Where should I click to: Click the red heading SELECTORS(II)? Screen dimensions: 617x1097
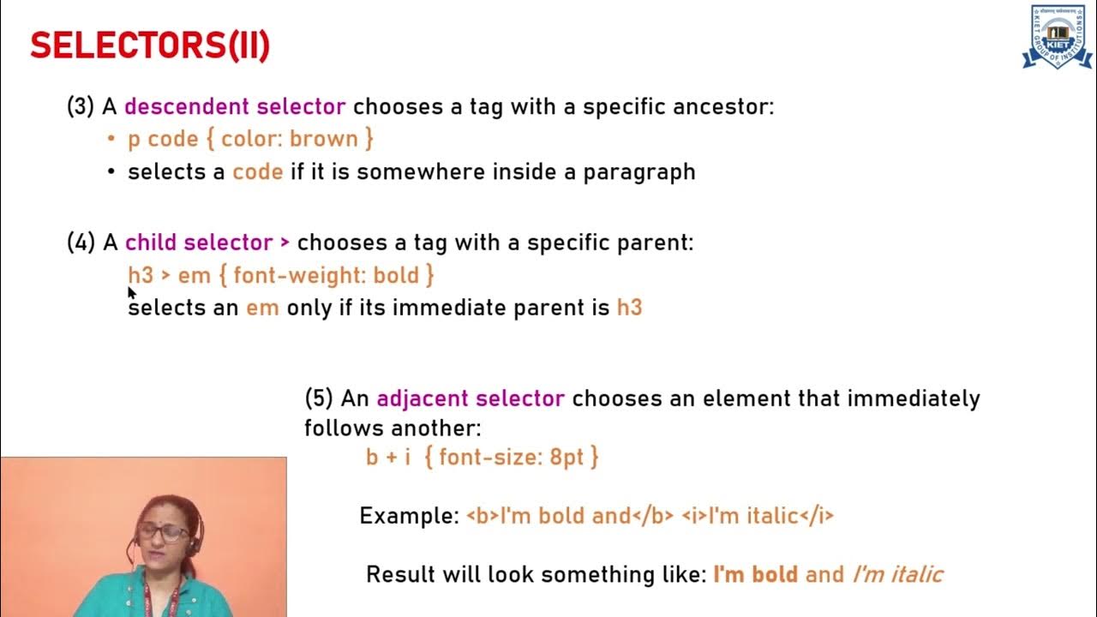coord(150,46)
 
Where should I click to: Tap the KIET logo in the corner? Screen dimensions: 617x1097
coord(1056,37)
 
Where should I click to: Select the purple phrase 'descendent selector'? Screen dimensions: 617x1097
coord(235,107)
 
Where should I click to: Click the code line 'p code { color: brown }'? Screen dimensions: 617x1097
coord(251,139)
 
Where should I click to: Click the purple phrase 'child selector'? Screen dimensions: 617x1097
coord(199,243)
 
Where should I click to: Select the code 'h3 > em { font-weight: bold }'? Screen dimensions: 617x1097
coord(281,276)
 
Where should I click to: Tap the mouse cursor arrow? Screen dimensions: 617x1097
coord(131,292)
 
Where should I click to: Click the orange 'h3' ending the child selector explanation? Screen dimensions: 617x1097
coord(629,308)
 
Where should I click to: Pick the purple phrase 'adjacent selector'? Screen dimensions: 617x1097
coord(471,398)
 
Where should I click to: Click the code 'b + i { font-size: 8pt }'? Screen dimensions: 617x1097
coord(483,458)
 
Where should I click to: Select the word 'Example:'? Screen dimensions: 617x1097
coord(410,516)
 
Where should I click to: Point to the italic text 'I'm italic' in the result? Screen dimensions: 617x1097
coord(897,574)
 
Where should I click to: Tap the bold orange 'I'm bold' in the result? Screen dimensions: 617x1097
coord(755,574)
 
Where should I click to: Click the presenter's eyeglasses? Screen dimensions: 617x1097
coord(162,531)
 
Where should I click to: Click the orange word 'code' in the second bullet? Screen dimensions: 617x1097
coord(257,172)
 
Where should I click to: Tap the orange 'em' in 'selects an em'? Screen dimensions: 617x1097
coord(262,308)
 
